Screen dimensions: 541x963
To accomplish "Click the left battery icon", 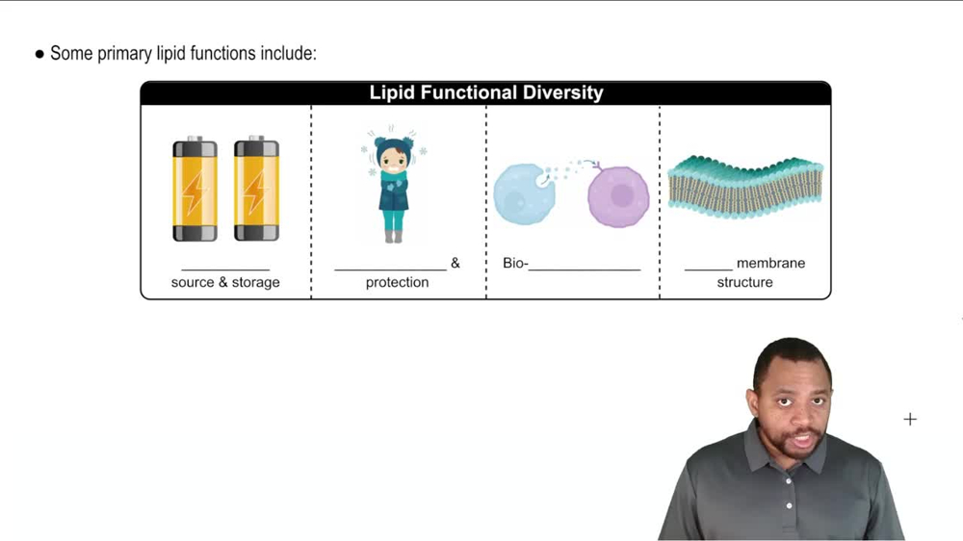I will [x=195, y=190].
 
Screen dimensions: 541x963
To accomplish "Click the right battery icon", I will [x=256, y=190].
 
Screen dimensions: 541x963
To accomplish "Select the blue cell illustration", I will [x=524, y=193].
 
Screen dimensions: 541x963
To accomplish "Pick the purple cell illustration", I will [x=617, y=195].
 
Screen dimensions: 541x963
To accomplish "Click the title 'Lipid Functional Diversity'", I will [x=486, y=93].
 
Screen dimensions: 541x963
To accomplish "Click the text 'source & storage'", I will [x=225, y=282].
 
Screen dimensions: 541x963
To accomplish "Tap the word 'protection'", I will [x=397, y=282].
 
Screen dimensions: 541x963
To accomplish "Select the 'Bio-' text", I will [x=515, y=263].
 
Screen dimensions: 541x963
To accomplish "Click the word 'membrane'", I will [x=770, y=263].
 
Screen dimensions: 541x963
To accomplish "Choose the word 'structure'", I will [x=744, y=282].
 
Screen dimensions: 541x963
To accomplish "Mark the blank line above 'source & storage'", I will [x=225, y=269].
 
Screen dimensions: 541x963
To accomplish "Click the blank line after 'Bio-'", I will [x=585, y=269].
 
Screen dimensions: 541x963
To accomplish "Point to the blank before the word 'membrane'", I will [x=708, y=269].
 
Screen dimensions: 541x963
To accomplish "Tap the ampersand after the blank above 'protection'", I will [x=455, y=263].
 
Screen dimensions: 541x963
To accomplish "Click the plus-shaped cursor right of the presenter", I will [x=910, y=419].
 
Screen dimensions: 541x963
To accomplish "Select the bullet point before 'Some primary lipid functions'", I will [x=39, y=55].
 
